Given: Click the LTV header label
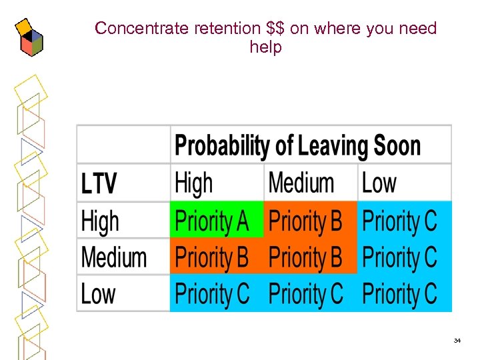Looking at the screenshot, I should [x=99, y=183].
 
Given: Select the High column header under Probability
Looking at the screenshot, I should [x=194, y=183].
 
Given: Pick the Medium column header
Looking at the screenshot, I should [x=301, y=183].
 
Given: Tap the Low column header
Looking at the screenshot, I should [x=379, y=183].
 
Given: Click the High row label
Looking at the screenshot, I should [x=100, y=221].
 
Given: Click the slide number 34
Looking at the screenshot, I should [x=457, y=341].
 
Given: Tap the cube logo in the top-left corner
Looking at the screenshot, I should [x=29, y=38].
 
